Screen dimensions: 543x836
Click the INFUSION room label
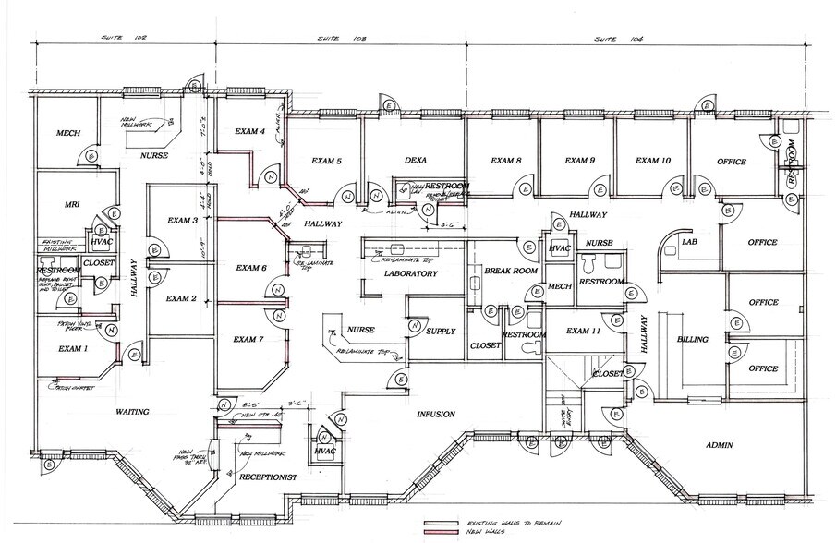tap(435, 415)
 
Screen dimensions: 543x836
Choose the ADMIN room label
tap(719, 446)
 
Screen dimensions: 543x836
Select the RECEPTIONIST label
tap(267, 478)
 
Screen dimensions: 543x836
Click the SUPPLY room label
tap(439, 331)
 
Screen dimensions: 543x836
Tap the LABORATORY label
tap(410, 274)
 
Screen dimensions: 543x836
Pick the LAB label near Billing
tap(688, 242)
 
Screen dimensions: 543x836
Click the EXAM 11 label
tap(584, 331)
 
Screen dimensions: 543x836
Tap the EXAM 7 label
tap(248, 340)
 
